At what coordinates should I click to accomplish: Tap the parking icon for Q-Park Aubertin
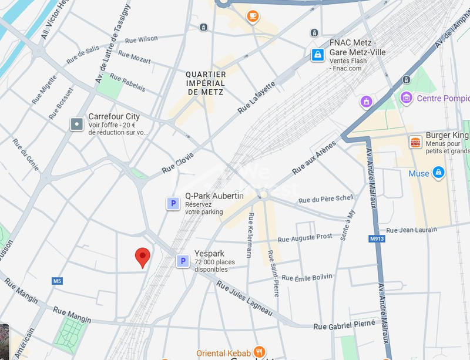tap(173, 204)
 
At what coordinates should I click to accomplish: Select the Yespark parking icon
tap(183, 261)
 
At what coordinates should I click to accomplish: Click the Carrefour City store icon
tap(77, 124)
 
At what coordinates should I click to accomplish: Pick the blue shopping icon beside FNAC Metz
tap(318, 55)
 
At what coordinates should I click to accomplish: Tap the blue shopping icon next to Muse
tap(438, 173)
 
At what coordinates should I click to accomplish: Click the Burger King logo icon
tap(415, 142)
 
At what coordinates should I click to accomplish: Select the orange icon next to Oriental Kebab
tap(259, 352)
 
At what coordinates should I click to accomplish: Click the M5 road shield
tap(57, 281)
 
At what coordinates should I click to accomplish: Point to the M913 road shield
tap(376, 239)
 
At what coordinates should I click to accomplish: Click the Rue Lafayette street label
tap(257, 97)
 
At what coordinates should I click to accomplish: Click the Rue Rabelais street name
tap(127, 83)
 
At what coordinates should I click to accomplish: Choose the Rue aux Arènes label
tap(314, 157)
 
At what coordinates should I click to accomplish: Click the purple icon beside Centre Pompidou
tap(406, 97)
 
